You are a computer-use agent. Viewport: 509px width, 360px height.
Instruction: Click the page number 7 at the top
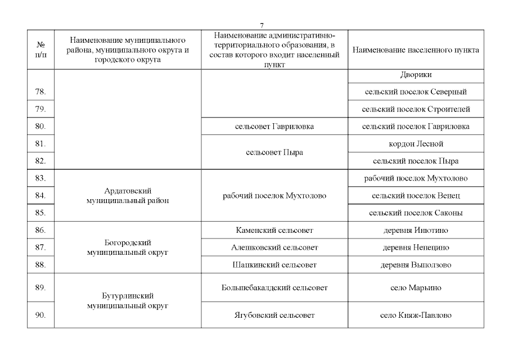(262, 25)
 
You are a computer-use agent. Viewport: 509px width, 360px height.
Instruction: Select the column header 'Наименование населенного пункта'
(416, 50)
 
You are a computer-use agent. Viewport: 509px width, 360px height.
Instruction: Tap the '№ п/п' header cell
(40, 49)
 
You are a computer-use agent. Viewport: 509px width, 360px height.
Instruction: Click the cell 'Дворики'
(416, 75)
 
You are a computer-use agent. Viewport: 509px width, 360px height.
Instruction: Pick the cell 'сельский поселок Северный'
(416, 92)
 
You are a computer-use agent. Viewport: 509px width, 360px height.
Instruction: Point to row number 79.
(40, 109)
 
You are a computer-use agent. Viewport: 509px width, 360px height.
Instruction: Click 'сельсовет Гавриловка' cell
(274, 127)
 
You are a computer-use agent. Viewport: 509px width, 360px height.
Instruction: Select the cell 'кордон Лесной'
(416, 144)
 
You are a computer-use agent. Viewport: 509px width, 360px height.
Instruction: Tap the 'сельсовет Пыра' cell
(274, 152)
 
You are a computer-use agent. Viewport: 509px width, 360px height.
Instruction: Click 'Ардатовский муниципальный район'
(128, 196)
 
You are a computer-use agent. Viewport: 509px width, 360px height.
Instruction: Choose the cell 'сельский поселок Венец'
(416, 196)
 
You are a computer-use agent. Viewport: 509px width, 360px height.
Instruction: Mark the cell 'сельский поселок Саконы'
(416, 213)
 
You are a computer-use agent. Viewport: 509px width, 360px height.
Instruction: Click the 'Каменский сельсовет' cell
(274, 230)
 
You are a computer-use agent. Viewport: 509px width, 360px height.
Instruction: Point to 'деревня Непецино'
(416, 247)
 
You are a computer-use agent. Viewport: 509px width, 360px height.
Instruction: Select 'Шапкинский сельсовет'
(274, 265)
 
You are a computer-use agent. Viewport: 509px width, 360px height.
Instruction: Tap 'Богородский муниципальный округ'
(128, 247)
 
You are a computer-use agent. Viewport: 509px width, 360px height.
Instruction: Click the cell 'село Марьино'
(416, 288)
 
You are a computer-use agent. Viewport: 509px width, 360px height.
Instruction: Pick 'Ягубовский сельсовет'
(274, 316)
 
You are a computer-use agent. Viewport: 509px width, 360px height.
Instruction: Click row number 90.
(40, 316)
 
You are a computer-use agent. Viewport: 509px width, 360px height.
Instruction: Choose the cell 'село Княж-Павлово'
(416, 316)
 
